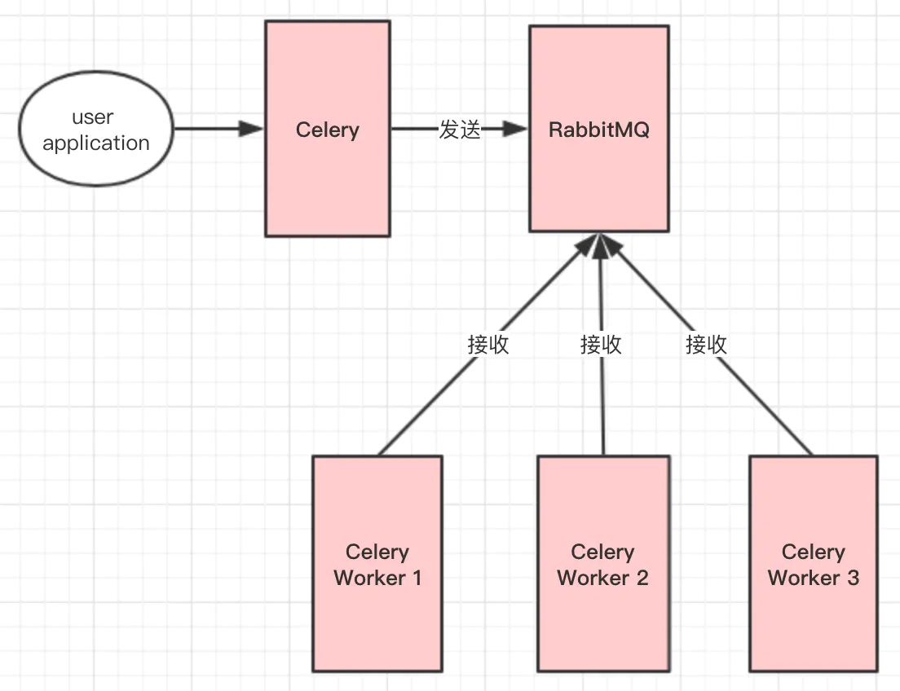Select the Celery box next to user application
327,179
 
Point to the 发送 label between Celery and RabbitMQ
460,130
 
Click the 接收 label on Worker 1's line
488,344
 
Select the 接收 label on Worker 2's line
601,344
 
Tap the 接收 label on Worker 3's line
706,344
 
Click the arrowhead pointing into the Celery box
250,129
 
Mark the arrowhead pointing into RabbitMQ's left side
514,130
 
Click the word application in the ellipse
96,143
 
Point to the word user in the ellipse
93,117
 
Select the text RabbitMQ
599,130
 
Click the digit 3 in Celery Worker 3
853,578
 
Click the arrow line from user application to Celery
208,129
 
